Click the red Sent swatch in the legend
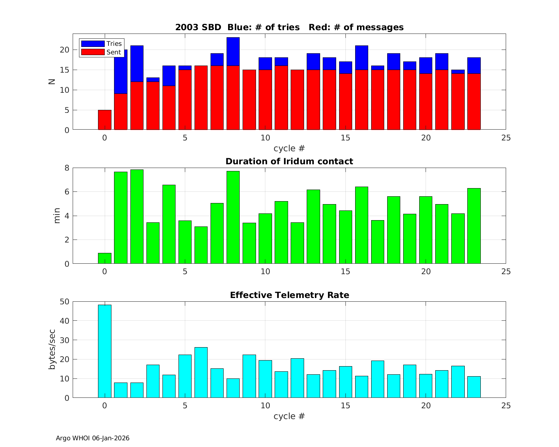(x=93, y=52)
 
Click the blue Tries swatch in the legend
(x=93, y=44)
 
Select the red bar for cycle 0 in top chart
(x=105, y=120)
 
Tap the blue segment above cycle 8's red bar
(x=233, y=51)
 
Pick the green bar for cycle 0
(x=105, y=259)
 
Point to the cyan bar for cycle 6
(x=201, y=372)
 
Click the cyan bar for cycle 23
(x=474, y=387)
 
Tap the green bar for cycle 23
(x=474, y=226)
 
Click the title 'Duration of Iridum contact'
(x=289, y=162)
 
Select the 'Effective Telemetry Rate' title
(x=289, y=295)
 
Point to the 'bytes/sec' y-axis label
(x=53, y=349)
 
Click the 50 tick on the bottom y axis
(x=65, y=301)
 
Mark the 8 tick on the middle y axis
(x=67, y=168)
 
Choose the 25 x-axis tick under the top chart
(x=506, y=138)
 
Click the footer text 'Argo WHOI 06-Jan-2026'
(x=92, y=438)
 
